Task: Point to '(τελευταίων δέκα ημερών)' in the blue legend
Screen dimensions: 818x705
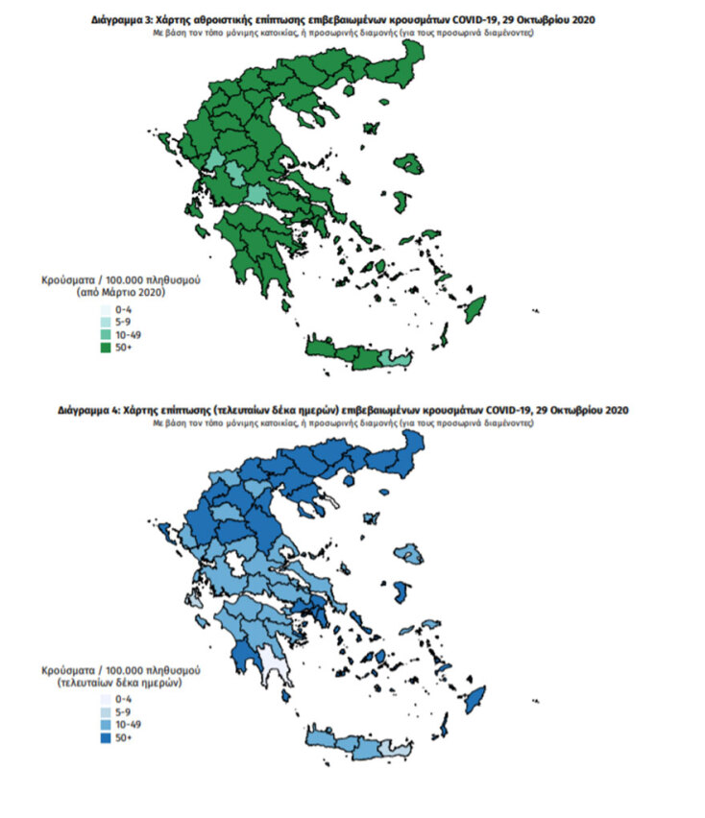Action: pos(121,680)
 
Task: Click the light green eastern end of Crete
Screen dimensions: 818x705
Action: pos(388,357)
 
